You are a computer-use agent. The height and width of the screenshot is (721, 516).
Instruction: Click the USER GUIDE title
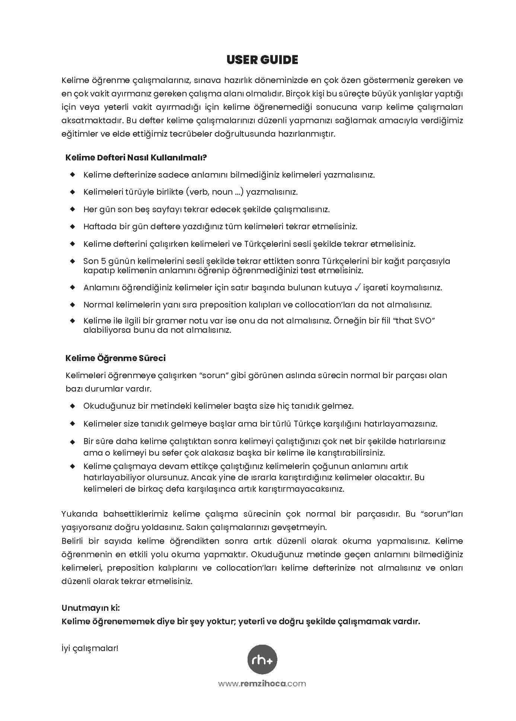(x=262, y=60)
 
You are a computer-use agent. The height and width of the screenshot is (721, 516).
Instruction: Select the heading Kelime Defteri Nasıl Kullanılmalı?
(x=136, y=157)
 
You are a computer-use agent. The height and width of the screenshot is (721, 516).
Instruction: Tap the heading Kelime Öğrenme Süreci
(x=115, y=358)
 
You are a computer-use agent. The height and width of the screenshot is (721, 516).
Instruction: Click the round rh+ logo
(x=262, y=660)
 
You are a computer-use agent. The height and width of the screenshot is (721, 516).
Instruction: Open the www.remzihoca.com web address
(x=262, y=683)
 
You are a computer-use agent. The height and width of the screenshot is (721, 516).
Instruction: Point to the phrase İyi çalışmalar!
(x=90, y=648)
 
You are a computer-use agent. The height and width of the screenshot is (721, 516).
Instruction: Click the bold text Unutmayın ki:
(x=90, y=608)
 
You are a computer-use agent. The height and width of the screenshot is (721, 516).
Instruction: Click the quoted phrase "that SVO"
(x=413, y=321)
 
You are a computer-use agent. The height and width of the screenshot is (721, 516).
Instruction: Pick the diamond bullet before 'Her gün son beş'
(x=73, y=209)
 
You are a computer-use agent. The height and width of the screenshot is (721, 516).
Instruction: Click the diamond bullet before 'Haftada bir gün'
(x=73, y=226)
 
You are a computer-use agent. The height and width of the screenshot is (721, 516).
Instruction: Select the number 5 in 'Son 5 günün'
(x=104, y=261)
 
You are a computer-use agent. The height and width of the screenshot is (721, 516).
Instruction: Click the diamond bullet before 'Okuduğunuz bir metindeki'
(x=73, y=406)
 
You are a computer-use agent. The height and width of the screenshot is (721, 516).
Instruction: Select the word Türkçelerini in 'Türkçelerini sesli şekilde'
(x=268, y=244)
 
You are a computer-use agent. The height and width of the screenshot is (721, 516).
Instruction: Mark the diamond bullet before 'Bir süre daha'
(x=73, y=441)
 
